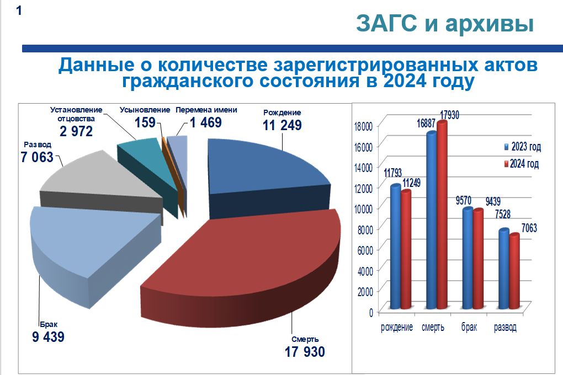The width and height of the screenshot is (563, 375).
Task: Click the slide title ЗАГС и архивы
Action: (x=444, y=24)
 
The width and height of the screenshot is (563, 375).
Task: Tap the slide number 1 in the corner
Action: (x=19, y=10)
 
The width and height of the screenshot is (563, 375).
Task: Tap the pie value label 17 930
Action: (x=305, y=352)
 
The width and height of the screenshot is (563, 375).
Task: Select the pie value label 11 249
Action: (x=282, y=125)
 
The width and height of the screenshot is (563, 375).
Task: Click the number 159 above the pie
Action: (x=145, y=122)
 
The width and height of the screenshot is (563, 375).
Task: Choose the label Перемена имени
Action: (x=206, y=110)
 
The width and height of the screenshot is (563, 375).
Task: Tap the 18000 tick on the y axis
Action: (x=364, y=126)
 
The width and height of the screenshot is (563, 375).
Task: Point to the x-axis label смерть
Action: (x=433, y=328)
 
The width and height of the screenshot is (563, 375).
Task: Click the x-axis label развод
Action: (x=505, y=328)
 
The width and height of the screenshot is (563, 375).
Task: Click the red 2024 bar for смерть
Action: (x=442, y=215)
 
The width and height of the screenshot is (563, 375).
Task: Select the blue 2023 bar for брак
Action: (x=468, y=259)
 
